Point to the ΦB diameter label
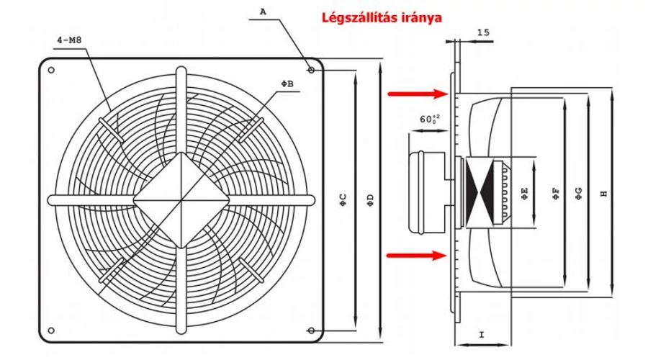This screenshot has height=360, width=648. pyautogui.click(x=287, y=84)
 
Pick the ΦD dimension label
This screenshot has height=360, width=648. pyautogui.click(x=370, y=198)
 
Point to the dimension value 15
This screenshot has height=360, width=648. pyautogui.click(x=483, y=32)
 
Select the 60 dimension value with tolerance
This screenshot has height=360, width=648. pyautogui.click(x=428, y=120)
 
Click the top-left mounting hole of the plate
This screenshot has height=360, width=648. pyautogui.click(x=52, y=70)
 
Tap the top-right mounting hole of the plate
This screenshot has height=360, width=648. pyautogui.click(x=310, y=70)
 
